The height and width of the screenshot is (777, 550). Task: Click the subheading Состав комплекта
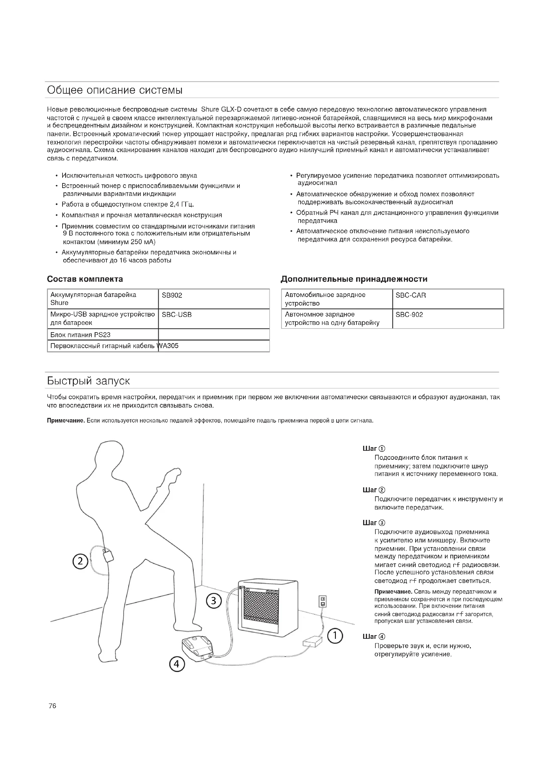[x=85, y=279]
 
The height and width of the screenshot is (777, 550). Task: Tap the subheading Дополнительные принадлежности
[x=354, y=279]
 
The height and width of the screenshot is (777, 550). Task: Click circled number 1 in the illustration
[x=335, y=635]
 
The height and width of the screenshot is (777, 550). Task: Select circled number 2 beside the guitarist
[x=80, y=561]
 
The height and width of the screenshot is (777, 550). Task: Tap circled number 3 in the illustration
[x=214, y=601]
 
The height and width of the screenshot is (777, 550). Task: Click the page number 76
[x=53, y=706]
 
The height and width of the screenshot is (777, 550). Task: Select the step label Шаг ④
[x=373, y=636]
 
